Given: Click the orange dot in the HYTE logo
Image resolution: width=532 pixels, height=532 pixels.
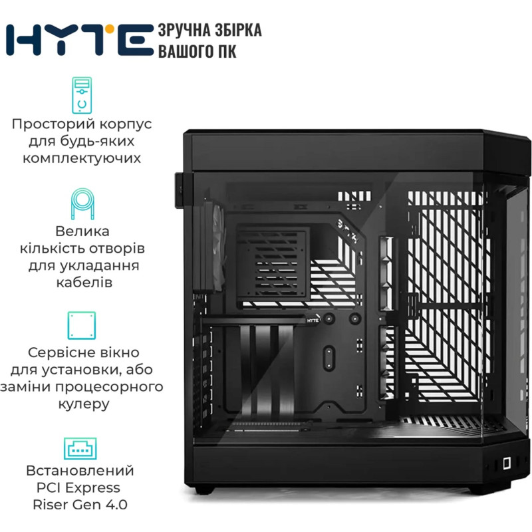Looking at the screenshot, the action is pos(109,29).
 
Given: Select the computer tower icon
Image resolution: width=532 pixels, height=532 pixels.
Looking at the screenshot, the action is pos(82,95).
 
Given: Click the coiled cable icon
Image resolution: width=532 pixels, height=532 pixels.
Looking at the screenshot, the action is pos(82,204).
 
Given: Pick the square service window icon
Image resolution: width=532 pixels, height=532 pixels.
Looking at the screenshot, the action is pos(82,325).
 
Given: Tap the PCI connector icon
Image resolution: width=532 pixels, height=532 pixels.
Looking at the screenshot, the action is pos(80,448).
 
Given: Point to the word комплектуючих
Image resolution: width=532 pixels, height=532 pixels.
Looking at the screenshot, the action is pos(82,158).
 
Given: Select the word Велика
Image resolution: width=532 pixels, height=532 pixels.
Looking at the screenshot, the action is pos(82,231).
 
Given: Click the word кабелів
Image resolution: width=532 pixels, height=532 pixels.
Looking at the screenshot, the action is pos(84,282).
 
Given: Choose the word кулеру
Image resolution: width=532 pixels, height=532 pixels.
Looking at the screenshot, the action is pos(84,404).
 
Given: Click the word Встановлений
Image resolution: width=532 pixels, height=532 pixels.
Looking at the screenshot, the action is pos(80,471).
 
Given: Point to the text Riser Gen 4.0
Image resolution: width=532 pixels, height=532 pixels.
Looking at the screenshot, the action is pos(80,505).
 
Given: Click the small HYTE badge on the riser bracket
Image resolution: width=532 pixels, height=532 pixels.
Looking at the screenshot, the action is pos(313,321).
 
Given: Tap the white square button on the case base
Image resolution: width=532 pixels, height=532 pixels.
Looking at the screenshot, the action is pos(507,463).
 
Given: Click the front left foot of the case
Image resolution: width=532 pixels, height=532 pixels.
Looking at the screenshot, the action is pos(205,489).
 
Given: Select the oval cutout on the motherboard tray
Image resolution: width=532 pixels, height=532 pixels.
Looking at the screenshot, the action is pos(329,358).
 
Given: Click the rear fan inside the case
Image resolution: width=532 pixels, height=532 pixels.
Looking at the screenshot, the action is pos(213,247).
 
